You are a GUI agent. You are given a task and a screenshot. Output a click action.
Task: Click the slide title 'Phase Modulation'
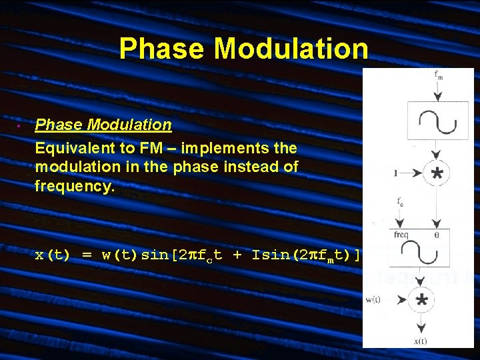click(243, 49)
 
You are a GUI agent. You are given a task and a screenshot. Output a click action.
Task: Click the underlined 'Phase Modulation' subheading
click(103, 125)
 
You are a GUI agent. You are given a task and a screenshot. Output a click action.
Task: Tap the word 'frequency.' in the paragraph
click(75, 187)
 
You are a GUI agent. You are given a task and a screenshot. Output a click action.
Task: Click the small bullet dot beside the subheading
click(19, 125)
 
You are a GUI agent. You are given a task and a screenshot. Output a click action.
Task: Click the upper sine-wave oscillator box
click(437, 121)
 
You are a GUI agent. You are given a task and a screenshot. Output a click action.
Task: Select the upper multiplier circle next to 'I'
click(437, 174)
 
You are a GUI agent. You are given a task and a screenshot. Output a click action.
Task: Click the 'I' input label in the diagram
click(396, 173)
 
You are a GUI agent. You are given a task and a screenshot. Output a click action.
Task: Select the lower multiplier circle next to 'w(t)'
click(421, 300)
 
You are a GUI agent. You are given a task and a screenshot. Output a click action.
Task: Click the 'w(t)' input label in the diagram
click(374, 299)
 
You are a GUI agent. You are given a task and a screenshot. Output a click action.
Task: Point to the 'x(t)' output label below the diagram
click(421, 341)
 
